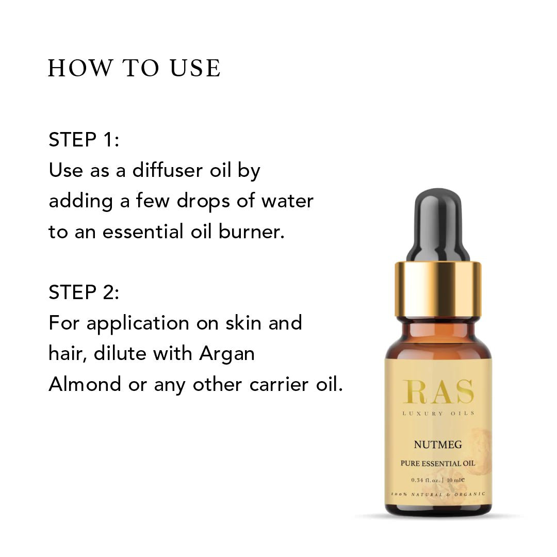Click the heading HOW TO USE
pyautogui.click(x=134, y=68)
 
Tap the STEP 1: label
pyautogui.click(x=84, y=139)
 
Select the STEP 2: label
pyautogui.click(x=84, y=292)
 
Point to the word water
pyautogui.click(x=287, y=201)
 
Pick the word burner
pyautogui.click(x=252, y=231)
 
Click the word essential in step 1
pyautogui.click(x=143, y=231)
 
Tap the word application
pyautogui.click(x=138, y=324)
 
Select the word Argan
pyautogui.click(x=227, y=354)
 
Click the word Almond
pyautogui.click(x=85, y=384)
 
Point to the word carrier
pyautogui.click(x=279, y=384)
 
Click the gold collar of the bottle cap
pyautogui.click(x=438, y=289)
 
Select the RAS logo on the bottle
pyautogui.click(x=438, y=392)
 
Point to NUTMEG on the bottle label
pyautogui.click(x=438, y=445)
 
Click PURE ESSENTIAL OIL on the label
pyautogui.click(x=438, y=463)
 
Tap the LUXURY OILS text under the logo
pyautogui.click(x=438, y=413)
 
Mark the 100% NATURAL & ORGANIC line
pyautogui.click(x=438, y=494)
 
